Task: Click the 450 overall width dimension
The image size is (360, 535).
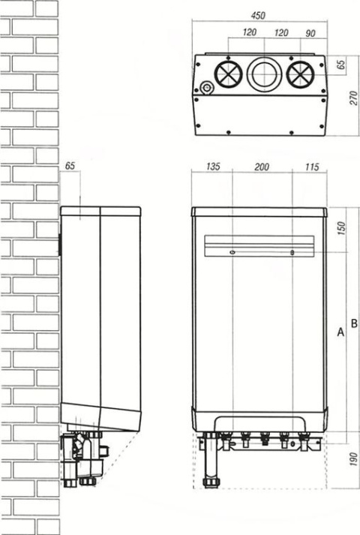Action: click(x=258, y=16)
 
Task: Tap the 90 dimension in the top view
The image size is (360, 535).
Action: click(x=310, y=33)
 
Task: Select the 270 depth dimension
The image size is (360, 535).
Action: click(x=354, y=98)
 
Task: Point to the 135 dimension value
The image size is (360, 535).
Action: click(x=213, y=167)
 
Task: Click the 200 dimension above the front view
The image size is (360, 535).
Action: click(x=262, y=167)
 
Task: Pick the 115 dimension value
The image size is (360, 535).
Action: click(x=312, y=167)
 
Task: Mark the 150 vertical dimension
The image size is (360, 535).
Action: click(x=341, y=228)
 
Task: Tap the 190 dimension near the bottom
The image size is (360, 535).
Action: click(x=354, y=459)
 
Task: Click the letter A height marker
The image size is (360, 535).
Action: click(x=340, y=332)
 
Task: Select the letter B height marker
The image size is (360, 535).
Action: click(x=354, y=323)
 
